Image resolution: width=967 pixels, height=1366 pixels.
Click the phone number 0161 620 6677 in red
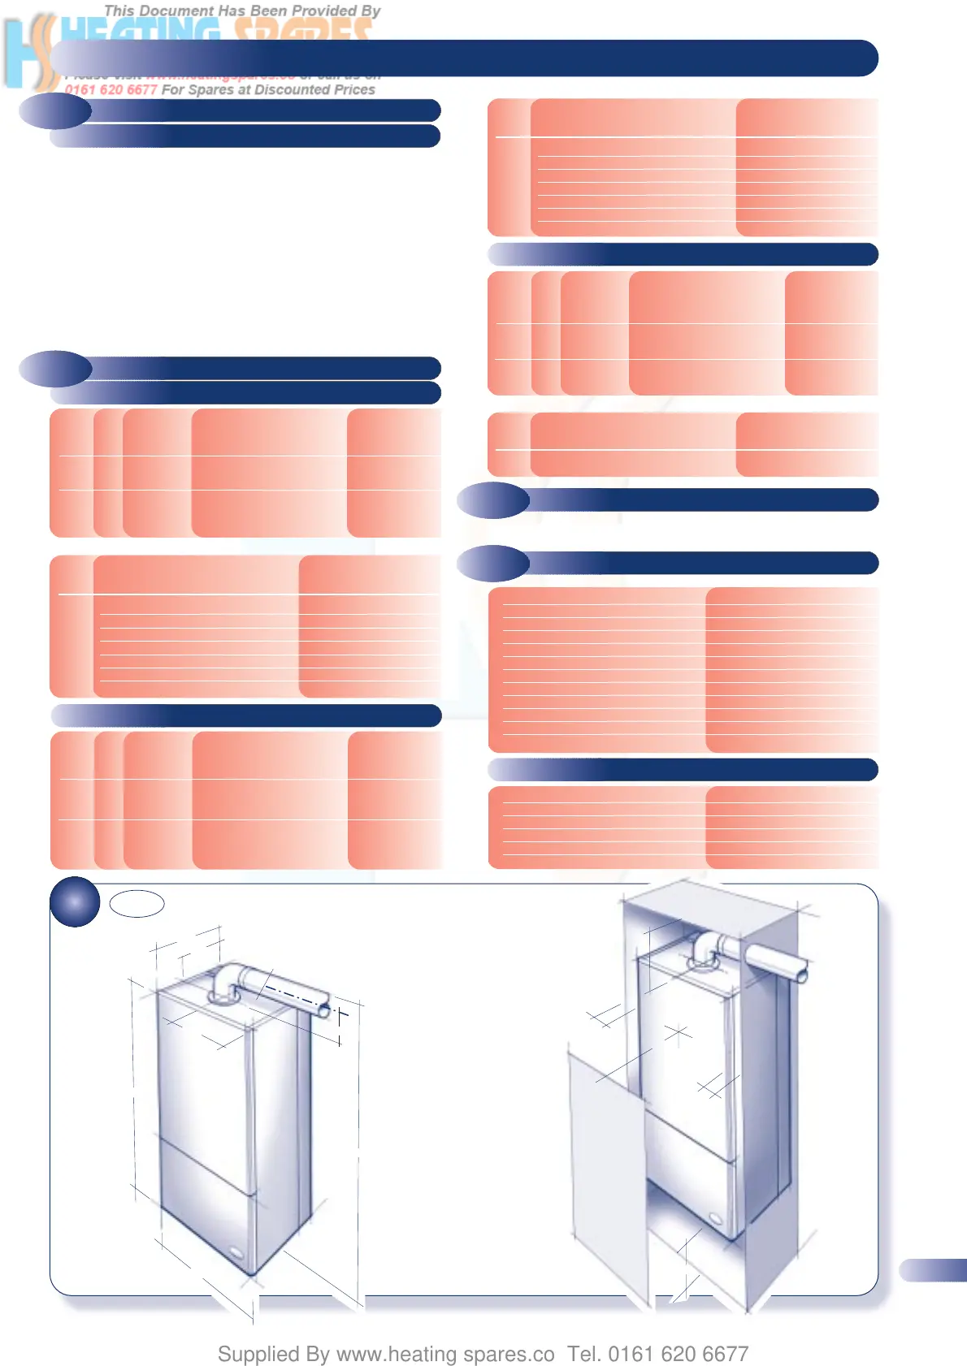pos(111,89)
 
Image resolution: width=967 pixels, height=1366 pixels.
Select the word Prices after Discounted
pos(354,89)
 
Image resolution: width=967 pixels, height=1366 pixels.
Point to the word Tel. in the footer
pos(583,1354)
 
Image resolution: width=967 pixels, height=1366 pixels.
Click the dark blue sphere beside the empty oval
pos(75,901)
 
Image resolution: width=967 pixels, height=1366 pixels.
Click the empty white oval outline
pos(137,903)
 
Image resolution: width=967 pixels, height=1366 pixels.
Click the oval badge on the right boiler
pos(715,1218)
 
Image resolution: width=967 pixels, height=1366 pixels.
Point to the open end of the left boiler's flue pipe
pos(324,1009)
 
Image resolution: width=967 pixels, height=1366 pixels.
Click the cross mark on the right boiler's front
pos(677,1033)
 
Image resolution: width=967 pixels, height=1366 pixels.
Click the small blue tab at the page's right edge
pos(934,1269)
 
